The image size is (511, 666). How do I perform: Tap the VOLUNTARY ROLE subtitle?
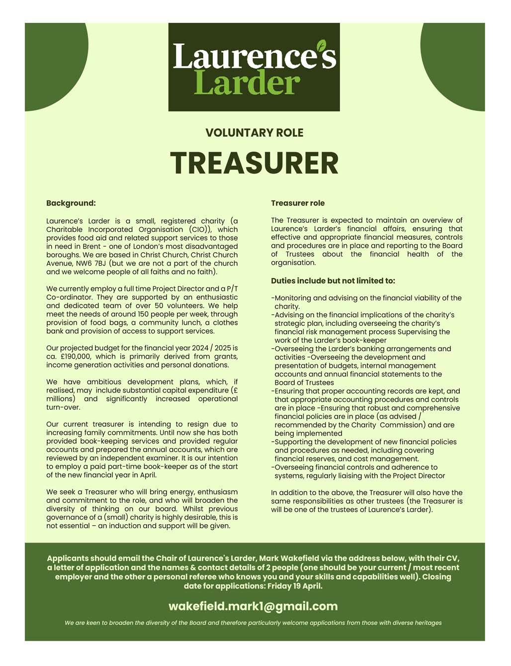coord(255,133)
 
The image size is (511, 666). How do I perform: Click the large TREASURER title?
coord(255,163)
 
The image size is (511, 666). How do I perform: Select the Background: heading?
coord(71,203)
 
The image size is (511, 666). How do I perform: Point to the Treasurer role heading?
coord(298,203)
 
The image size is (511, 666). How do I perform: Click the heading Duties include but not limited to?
coord(333,281)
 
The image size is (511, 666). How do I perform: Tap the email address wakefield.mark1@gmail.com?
coord(253,606)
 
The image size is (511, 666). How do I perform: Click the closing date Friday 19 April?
coord(295,586)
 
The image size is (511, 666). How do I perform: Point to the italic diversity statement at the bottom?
coord(253,623)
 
